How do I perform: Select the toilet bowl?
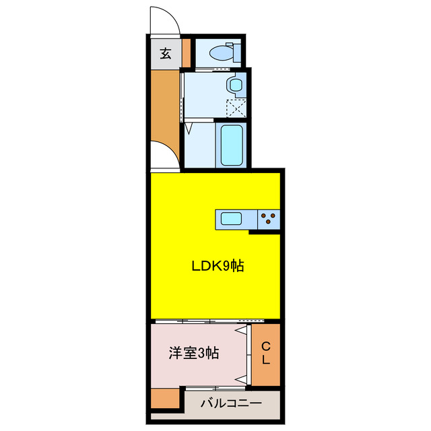tap(220, 53)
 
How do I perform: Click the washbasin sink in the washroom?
tap(235, 85)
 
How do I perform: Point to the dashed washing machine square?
tap(236, 108)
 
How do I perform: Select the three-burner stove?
tap(269, 219)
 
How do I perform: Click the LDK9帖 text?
tap(217, 266)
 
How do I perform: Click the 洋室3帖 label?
tap(193, 353)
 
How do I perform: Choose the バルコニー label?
tap(232, 405)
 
